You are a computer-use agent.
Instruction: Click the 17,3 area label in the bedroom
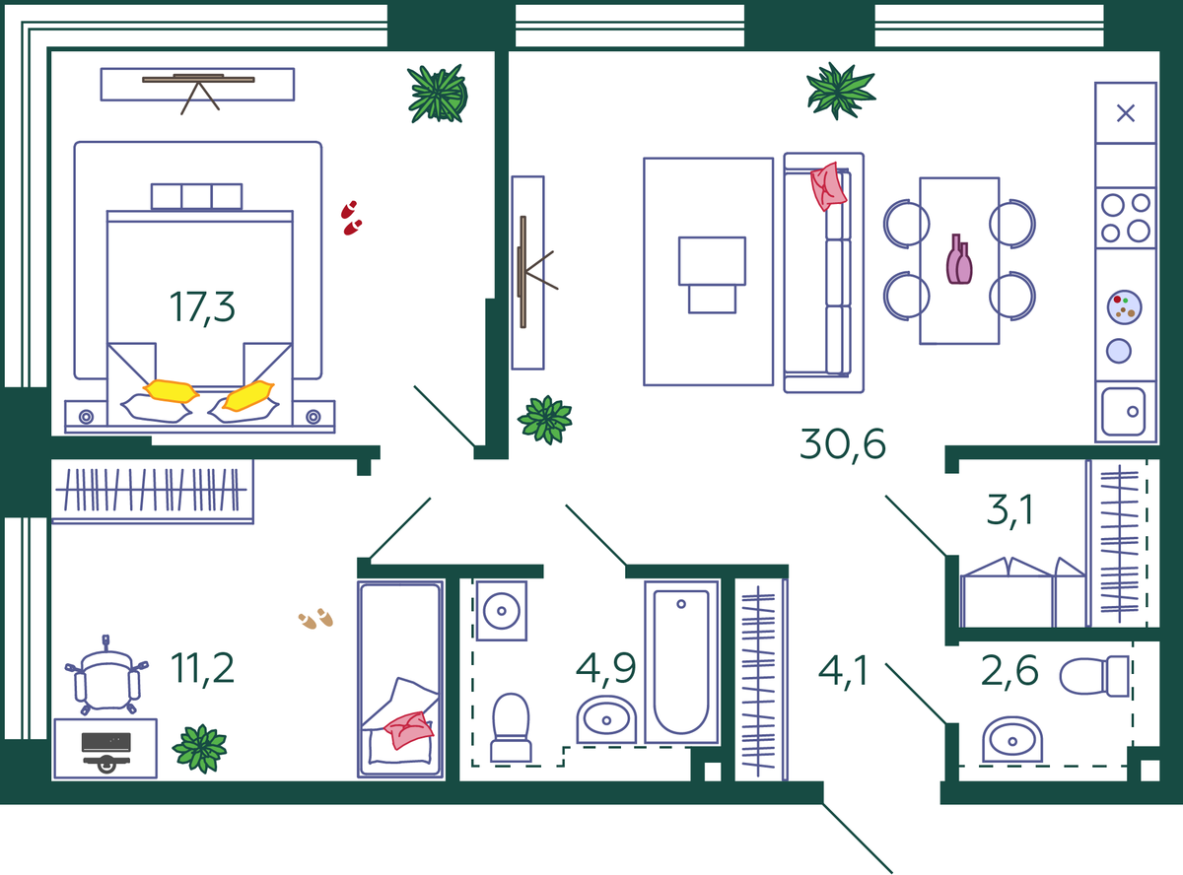point(202,307)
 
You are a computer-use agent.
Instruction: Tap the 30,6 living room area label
point(842,444)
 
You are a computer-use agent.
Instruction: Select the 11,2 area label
point(202,668)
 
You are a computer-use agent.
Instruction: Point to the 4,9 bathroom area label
point(606,668)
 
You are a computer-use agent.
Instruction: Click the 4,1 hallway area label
point(843,671)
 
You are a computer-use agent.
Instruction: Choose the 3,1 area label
point(1009,509)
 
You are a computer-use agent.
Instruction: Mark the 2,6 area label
point(1009,671)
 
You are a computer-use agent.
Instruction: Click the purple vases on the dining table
point(959,259)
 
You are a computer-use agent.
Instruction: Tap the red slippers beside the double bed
point(351,218)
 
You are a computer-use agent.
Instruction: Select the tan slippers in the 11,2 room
point(315,619)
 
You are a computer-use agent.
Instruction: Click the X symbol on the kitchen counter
point(1126,113)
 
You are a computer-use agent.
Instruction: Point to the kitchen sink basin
point(1123,412)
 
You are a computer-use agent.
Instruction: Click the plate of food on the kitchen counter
point(1124,307)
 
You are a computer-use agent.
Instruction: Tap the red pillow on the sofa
point(828,186)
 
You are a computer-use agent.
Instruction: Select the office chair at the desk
point(106,676)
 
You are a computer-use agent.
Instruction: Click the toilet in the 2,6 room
point(1094,676)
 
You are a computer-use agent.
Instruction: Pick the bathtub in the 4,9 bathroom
point(681,662)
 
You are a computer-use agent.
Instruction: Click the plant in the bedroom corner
point(438,95)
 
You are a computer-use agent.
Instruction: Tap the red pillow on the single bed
point(408,730)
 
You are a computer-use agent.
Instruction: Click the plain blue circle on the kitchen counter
point(1119,352)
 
